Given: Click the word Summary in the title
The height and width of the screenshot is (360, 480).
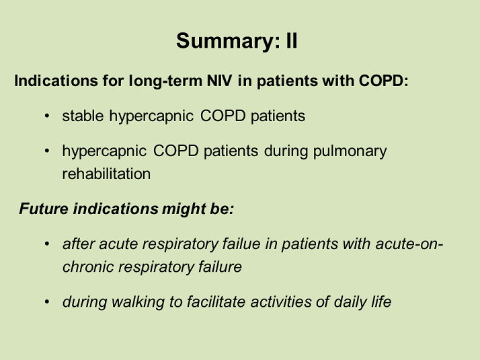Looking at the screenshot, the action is pyautogui.click(x=228, y=41).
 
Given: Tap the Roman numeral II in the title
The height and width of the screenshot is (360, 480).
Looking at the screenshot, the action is pyautogui.click(x=292, y=41).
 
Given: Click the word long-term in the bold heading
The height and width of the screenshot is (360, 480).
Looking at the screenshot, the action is pyautogui.click(x=165, y=81).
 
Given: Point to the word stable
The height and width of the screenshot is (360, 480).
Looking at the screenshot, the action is pyautogui.click(x=83, y=116).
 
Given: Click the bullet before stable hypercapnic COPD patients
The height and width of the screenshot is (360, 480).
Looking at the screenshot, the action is pyautogui.click(x=47, y=116).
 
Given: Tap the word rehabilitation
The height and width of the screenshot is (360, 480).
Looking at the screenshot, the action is pyautogui.click(x=106, y=174).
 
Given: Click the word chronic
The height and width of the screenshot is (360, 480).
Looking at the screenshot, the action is pyautogui.click(x=88, y=266).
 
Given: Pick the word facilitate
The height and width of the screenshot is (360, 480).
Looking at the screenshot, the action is pyautogui.click(x=216, y=301).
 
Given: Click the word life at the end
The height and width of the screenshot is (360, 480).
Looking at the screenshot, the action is pyautogui.click(x=381, y=301).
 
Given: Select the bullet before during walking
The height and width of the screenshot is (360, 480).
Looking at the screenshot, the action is pyautogui.click(x=47, y=302).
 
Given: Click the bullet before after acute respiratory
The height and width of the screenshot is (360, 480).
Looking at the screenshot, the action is pyautogui.click(x=47, y=244).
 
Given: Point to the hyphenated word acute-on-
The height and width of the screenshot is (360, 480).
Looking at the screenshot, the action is pyautogui.click(x=409, y=244).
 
